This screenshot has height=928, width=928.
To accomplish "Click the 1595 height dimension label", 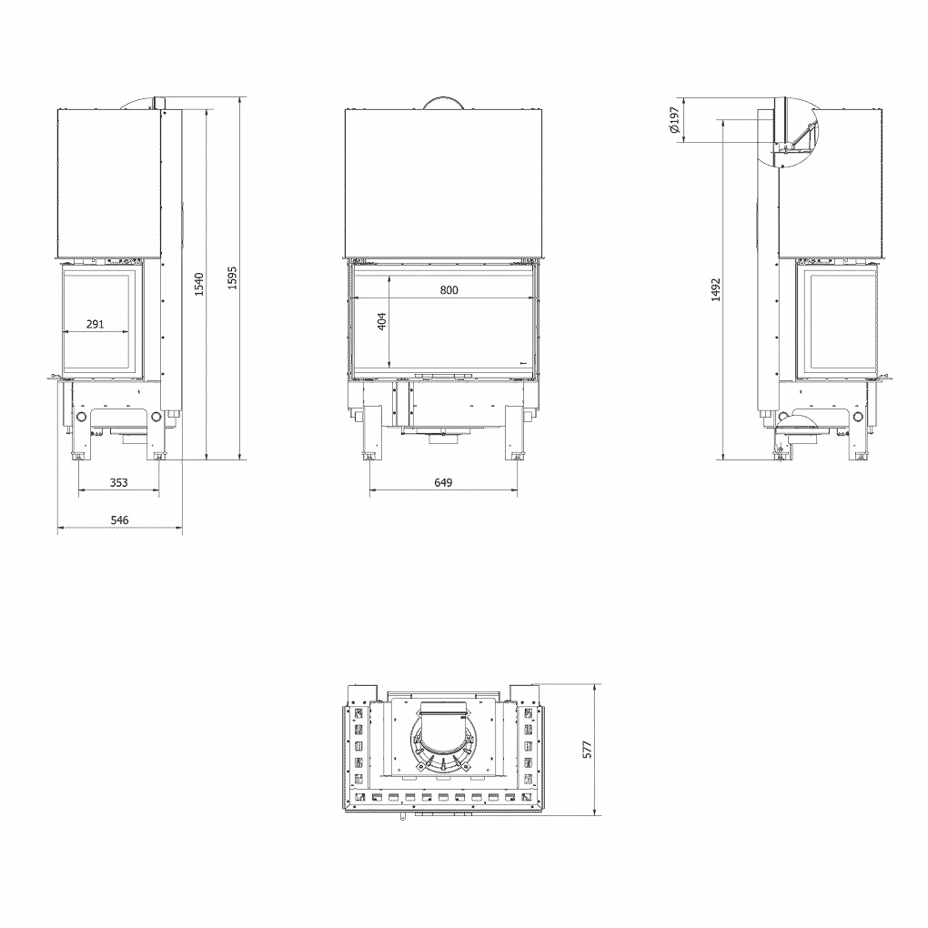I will [232, 277].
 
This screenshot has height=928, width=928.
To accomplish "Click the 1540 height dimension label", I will [199, 283].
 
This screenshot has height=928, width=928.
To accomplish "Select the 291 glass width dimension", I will [96, 324].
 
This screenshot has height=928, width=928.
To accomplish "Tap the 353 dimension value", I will [119, 483].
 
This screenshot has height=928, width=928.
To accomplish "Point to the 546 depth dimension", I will [120, 519].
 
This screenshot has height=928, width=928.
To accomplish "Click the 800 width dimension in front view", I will [449, 290].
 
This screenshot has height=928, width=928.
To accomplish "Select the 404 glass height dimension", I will [383, 321].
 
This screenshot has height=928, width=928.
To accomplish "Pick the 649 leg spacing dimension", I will [443, 483].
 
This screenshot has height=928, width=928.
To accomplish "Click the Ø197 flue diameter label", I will [674, 120].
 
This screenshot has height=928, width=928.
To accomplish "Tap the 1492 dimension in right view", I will [716, 290].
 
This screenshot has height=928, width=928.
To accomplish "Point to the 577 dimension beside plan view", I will [588, 749].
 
